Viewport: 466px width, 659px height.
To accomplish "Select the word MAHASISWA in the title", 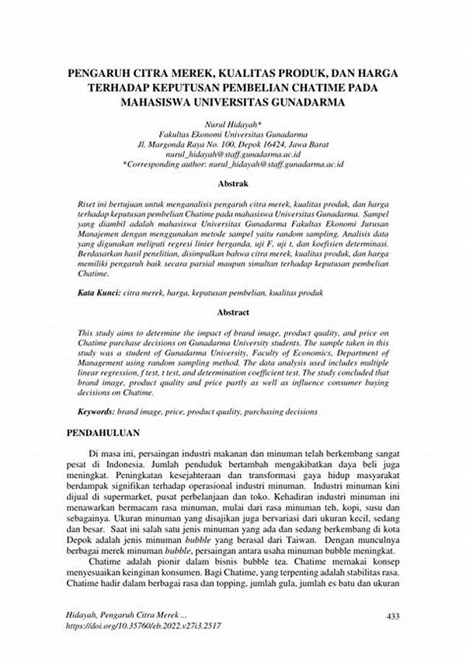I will pos(158,102).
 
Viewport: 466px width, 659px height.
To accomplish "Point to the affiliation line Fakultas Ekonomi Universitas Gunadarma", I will pos(233,134).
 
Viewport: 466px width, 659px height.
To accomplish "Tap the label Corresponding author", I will pos(165,164).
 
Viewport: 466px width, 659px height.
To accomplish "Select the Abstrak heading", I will pos(233,184).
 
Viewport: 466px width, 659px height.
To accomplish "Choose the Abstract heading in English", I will pos(233,312).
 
